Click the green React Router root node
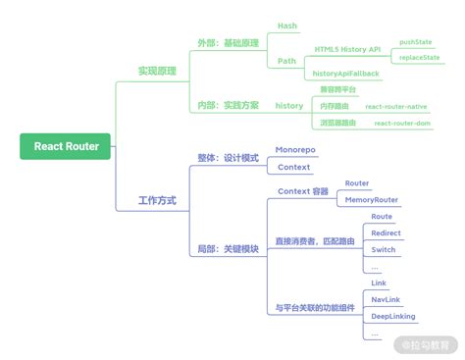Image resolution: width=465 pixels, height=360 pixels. (66, 147)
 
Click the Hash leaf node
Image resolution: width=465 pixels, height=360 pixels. (287, 26)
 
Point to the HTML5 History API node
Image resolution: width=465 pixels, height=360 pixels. (348, 48)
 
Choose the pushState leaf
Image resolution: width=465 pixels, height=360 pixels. (418, 43)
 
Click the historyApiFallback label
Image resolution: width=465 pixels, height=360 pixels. (346, 74)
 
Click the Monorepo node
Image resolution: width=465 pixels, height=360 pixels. (295, 150)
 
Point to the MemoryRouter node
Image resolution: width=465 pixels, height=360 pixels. (371, 199)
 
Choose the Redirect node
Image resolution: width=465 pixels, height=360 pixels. (386, 232)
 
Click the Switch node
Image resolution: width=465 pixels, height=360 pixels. (384, 249)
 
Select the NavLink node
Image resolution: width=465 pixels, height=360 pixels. (386, 299)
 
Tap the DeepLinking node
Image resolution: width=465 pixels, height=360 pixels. (391, 316)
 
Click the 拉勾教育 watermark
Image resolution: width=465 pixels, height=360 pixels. (429, 343)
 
